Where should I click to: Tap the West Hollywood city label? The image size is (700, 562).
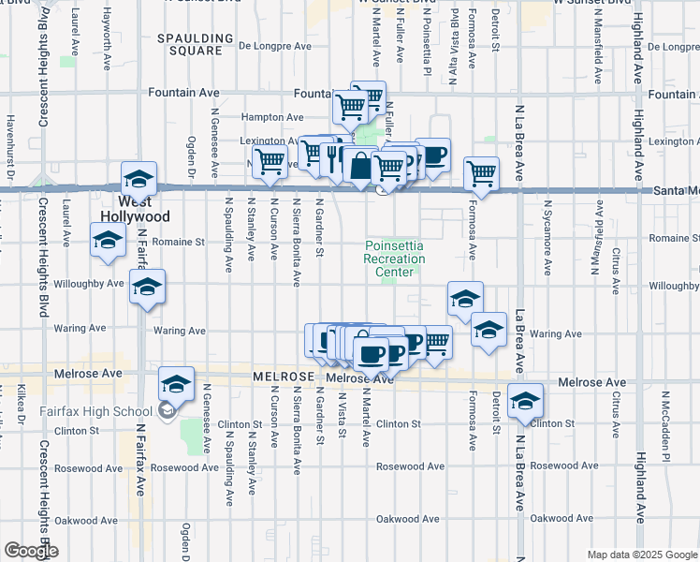143,208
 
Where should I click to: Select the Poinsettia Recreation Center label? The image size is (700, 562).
394,259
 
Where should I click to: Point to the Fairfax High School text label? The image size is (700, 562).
96,411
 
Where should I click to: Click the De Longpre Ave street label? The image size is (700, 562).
275,45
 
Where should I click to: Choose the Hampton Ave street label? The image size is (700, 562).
272,117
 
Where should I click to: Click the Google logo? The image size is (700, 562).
31,551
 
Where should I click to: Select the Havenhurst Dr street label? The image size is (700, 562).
11,146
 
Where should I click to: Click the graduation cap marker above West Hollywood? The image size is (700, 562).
139,178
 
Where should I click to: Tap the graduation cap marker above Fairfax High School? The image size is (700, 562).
176,383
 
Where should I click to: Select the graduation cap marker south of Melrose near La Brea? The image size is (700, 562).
526,400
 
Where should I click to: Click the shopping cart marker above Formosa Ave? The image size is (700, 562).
481,173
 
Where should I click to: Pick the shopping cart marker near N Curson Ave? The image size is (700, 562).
270,161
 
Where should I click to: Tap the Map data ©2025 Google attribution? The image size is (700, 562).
641,555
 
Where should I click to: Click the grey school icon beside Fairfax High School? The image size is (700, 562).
167,409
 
